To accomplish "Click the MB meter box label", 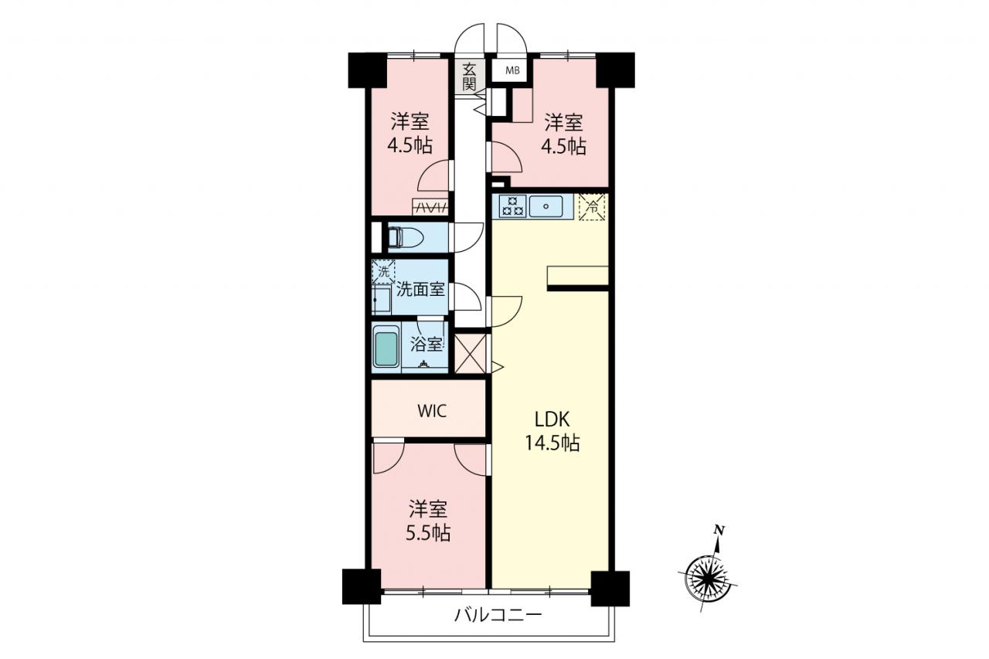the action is [x=512, y=70].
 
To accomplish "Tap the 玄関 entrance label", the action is [x=469, y=76].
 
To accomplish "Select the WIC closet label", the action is [x=432, y=411].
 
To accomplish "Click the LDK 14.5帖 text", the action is [x=552, y=431].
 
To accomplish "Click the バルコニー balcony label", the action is [x=498, y=615].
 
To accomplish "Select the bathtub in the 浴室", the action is [x=386, y=348].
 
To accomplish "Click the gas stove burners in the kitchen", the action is [x=512, y=206].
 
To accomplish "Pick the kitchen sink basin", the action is [x=546, y=206].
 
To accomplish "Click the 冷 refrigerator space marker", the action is [x=592, y=206].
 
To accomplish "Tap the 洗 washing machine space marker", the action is [x=384, y=272].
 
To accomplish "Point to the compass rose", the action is [x=708, y=577].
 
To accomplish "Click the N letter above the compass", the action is [x=719, y=529].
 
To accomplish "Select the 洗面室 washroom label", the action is [x=420, y=289].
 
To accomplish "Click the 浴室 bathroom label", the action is [x=426, y=345].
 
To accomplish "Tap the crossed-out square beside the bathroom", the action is [x=471, y=354].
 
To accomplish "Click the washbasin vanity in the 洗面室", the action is [x=382, y=300].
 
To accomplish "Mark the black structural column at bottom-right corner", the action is [x=610, y=589].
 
